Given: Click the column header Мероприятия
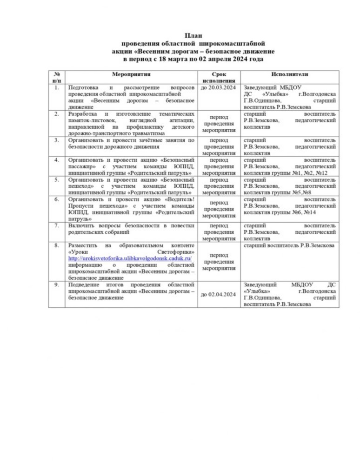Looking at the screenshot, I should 132,74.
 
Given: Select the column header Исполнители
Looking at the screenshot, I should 290,74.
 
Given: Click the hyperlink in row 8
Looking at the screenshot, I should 130,258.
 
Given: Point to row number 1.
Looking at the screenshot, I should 57,87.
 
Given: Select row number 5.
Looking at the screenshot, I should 57,178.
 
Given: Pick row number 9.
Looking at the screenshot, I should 57,284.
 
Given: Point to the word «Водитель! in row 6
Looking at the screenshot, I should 179,198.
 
